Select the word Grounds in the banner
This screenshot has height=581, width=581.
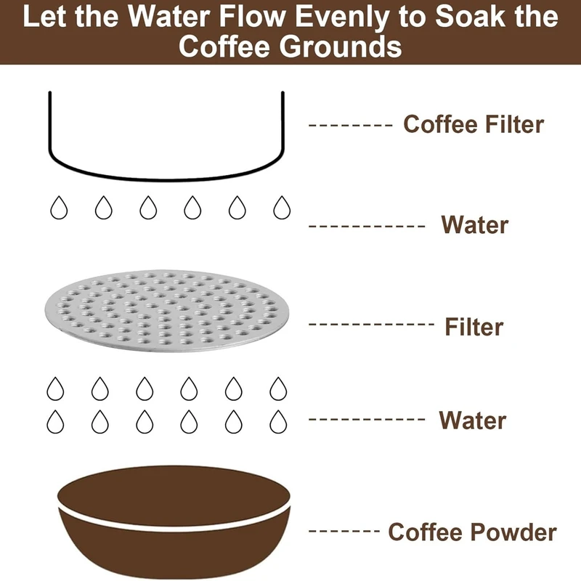pos(340,46)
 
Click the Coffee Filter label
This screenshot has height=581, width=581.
pos(474,123)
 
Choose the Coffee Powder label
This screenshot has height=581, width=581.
pos(471,532)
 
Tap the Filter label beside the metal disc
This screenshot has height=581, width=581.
pos(474,326)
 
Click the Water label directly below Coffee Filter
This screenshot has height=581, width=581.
pos(475,224)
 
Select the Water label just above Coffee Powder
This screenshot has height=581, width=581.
pos(473,420)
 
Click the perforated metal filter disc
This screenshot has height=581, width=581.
pos(166,311)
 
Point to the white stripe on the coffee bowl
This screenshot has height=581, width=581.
pos(174,521)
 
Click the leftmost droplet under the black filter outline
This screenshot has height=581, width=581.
pos(59,208)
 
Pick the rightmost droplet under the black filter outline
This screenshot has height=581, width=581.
pos(282,208)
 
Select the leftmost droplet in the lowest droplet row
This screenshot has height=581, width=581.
pos(55,422)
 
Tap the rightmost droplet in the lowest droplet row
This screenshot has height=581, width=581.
pos(278,422)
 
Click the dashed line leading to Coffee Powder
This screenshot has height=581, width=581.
pos(344,531)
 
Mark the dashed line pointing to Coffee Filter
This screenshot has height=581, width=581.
pos(350,125)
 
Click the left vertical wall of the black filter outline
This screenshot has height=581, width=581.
pos(49,122)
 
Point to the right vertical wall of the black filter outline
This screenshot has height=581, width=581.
pos(283,122)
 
